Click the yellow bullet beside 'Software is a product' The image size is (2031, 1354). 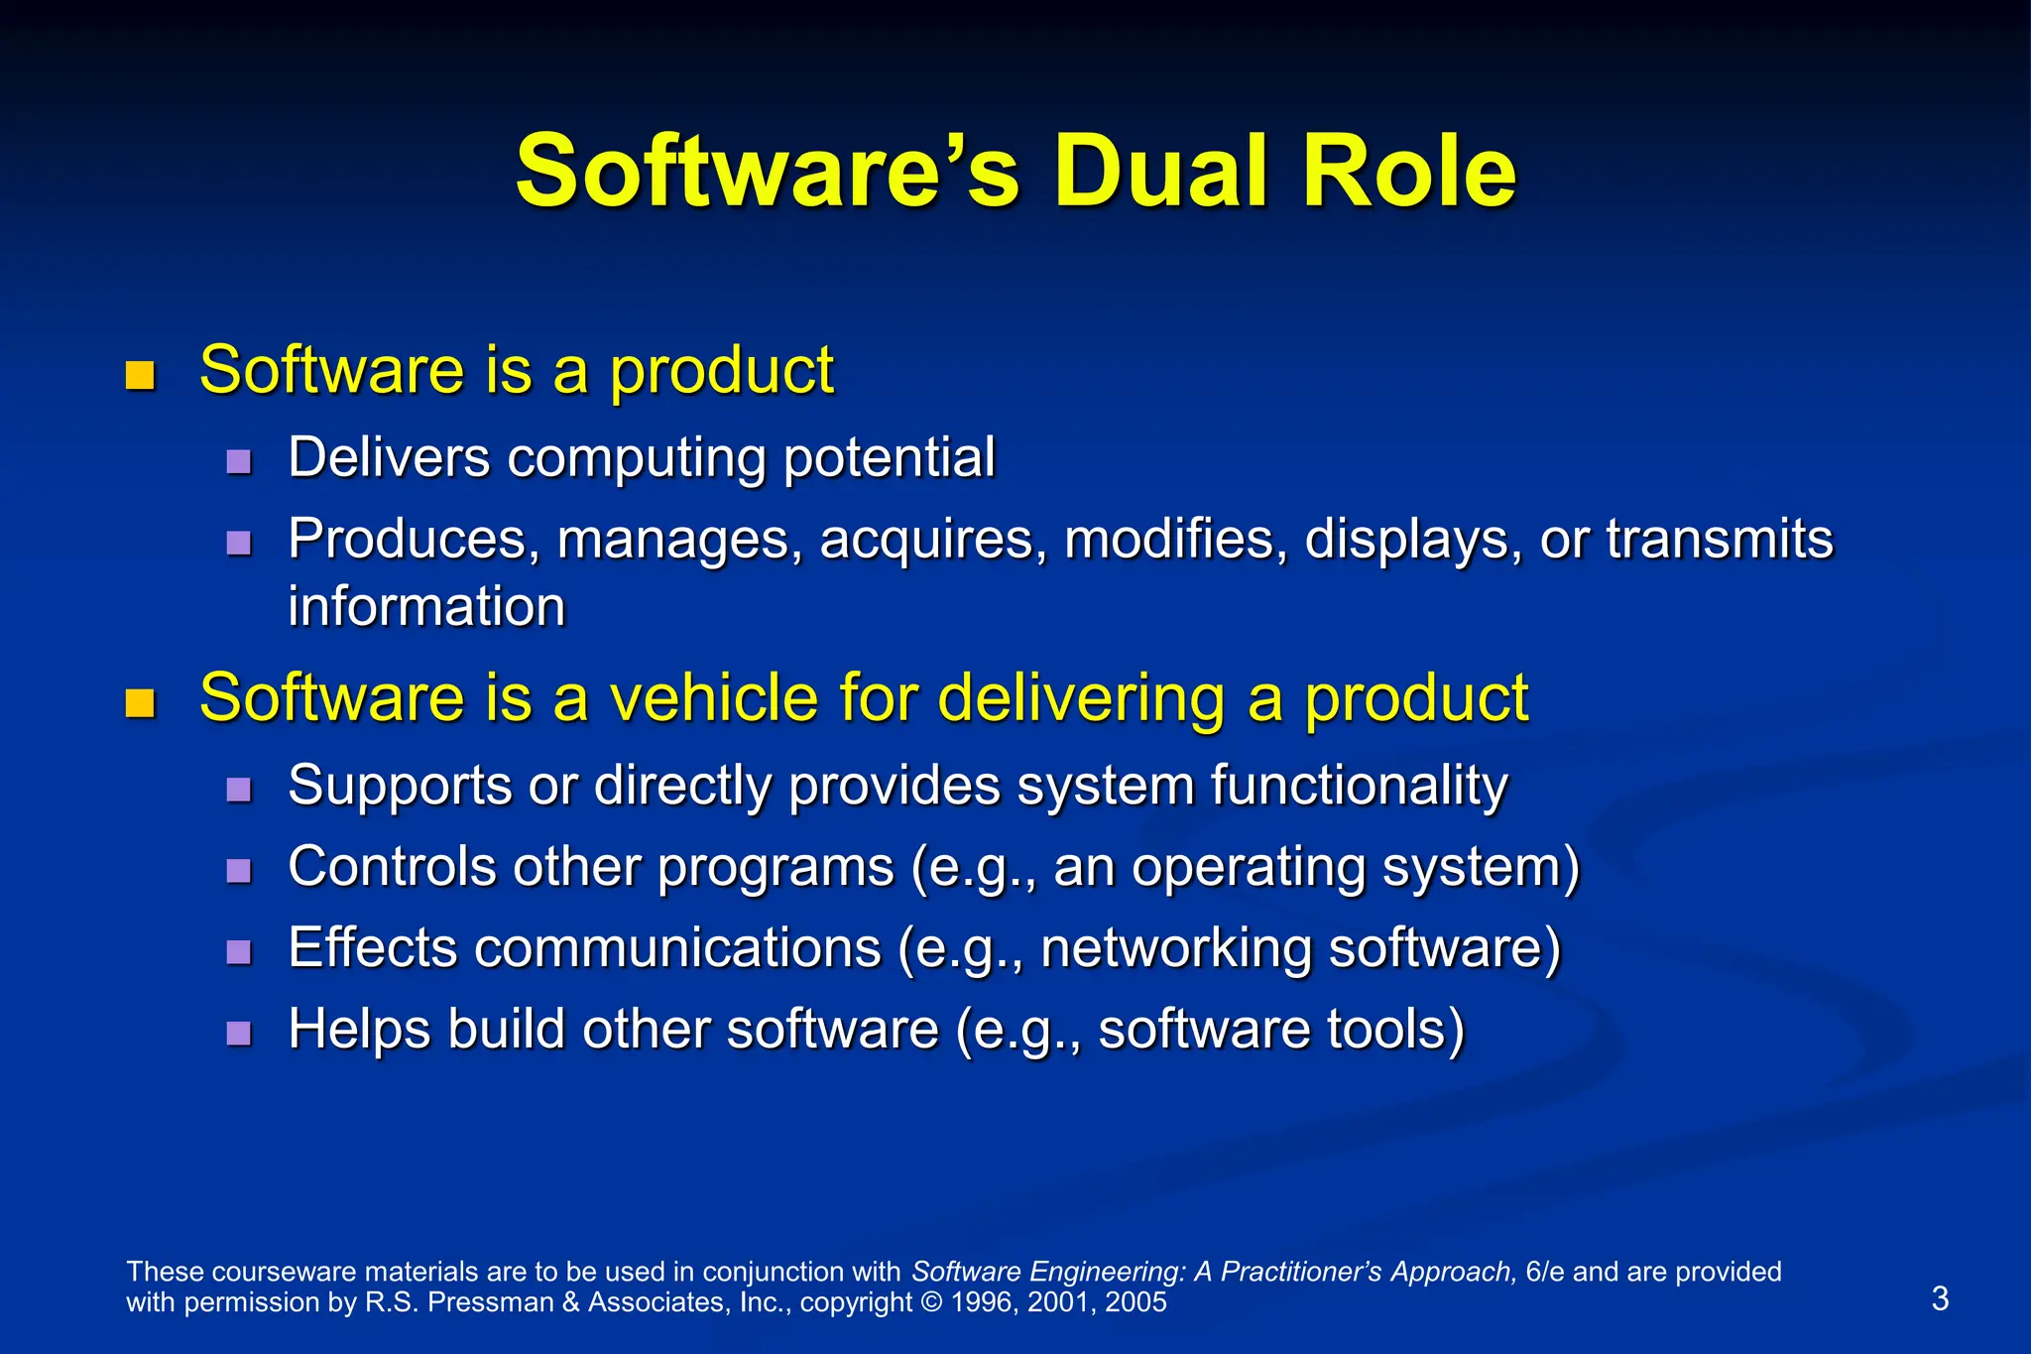[x=141, y=376]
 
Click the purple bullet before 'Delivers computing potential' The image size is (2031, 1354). [x=238, y=461]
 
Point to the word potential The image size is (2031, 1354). [x=889, y=458]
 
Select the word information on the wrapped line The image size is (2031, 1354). [x=426, y=606]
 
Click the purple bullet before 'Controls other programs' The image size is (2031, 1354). [x=238, y=871]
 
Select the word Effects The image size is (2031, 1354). [x=373, y=948]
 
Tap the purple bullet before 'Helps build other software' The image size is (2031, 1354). [x=238, y=1034]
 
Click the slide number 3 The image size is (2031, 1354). [x=1940, y=1298]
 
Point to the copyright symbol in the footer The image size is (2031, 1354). [x=931, y=1302]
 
